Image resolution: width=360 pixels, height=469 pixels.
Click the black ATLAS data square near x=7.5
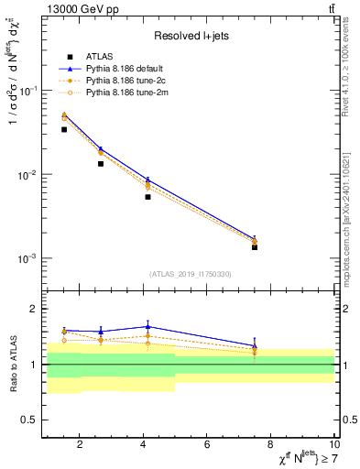pyautogui.click(x=255, y=247)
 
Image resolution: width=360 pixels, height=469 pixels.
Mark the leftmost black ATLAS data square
pyautogui.click(x=64, y=129)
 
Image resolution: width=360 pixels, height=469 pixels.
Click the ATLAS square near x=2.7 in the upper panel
pyautogui.click(x=101, y=164)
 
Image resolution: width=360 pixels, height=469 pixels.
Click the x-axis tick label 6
pyautogui.click(x=207, y=444)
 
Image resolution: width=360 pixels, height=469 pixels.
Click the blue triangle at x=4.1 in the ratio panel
pyautogui.click(x=147, y=326)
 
